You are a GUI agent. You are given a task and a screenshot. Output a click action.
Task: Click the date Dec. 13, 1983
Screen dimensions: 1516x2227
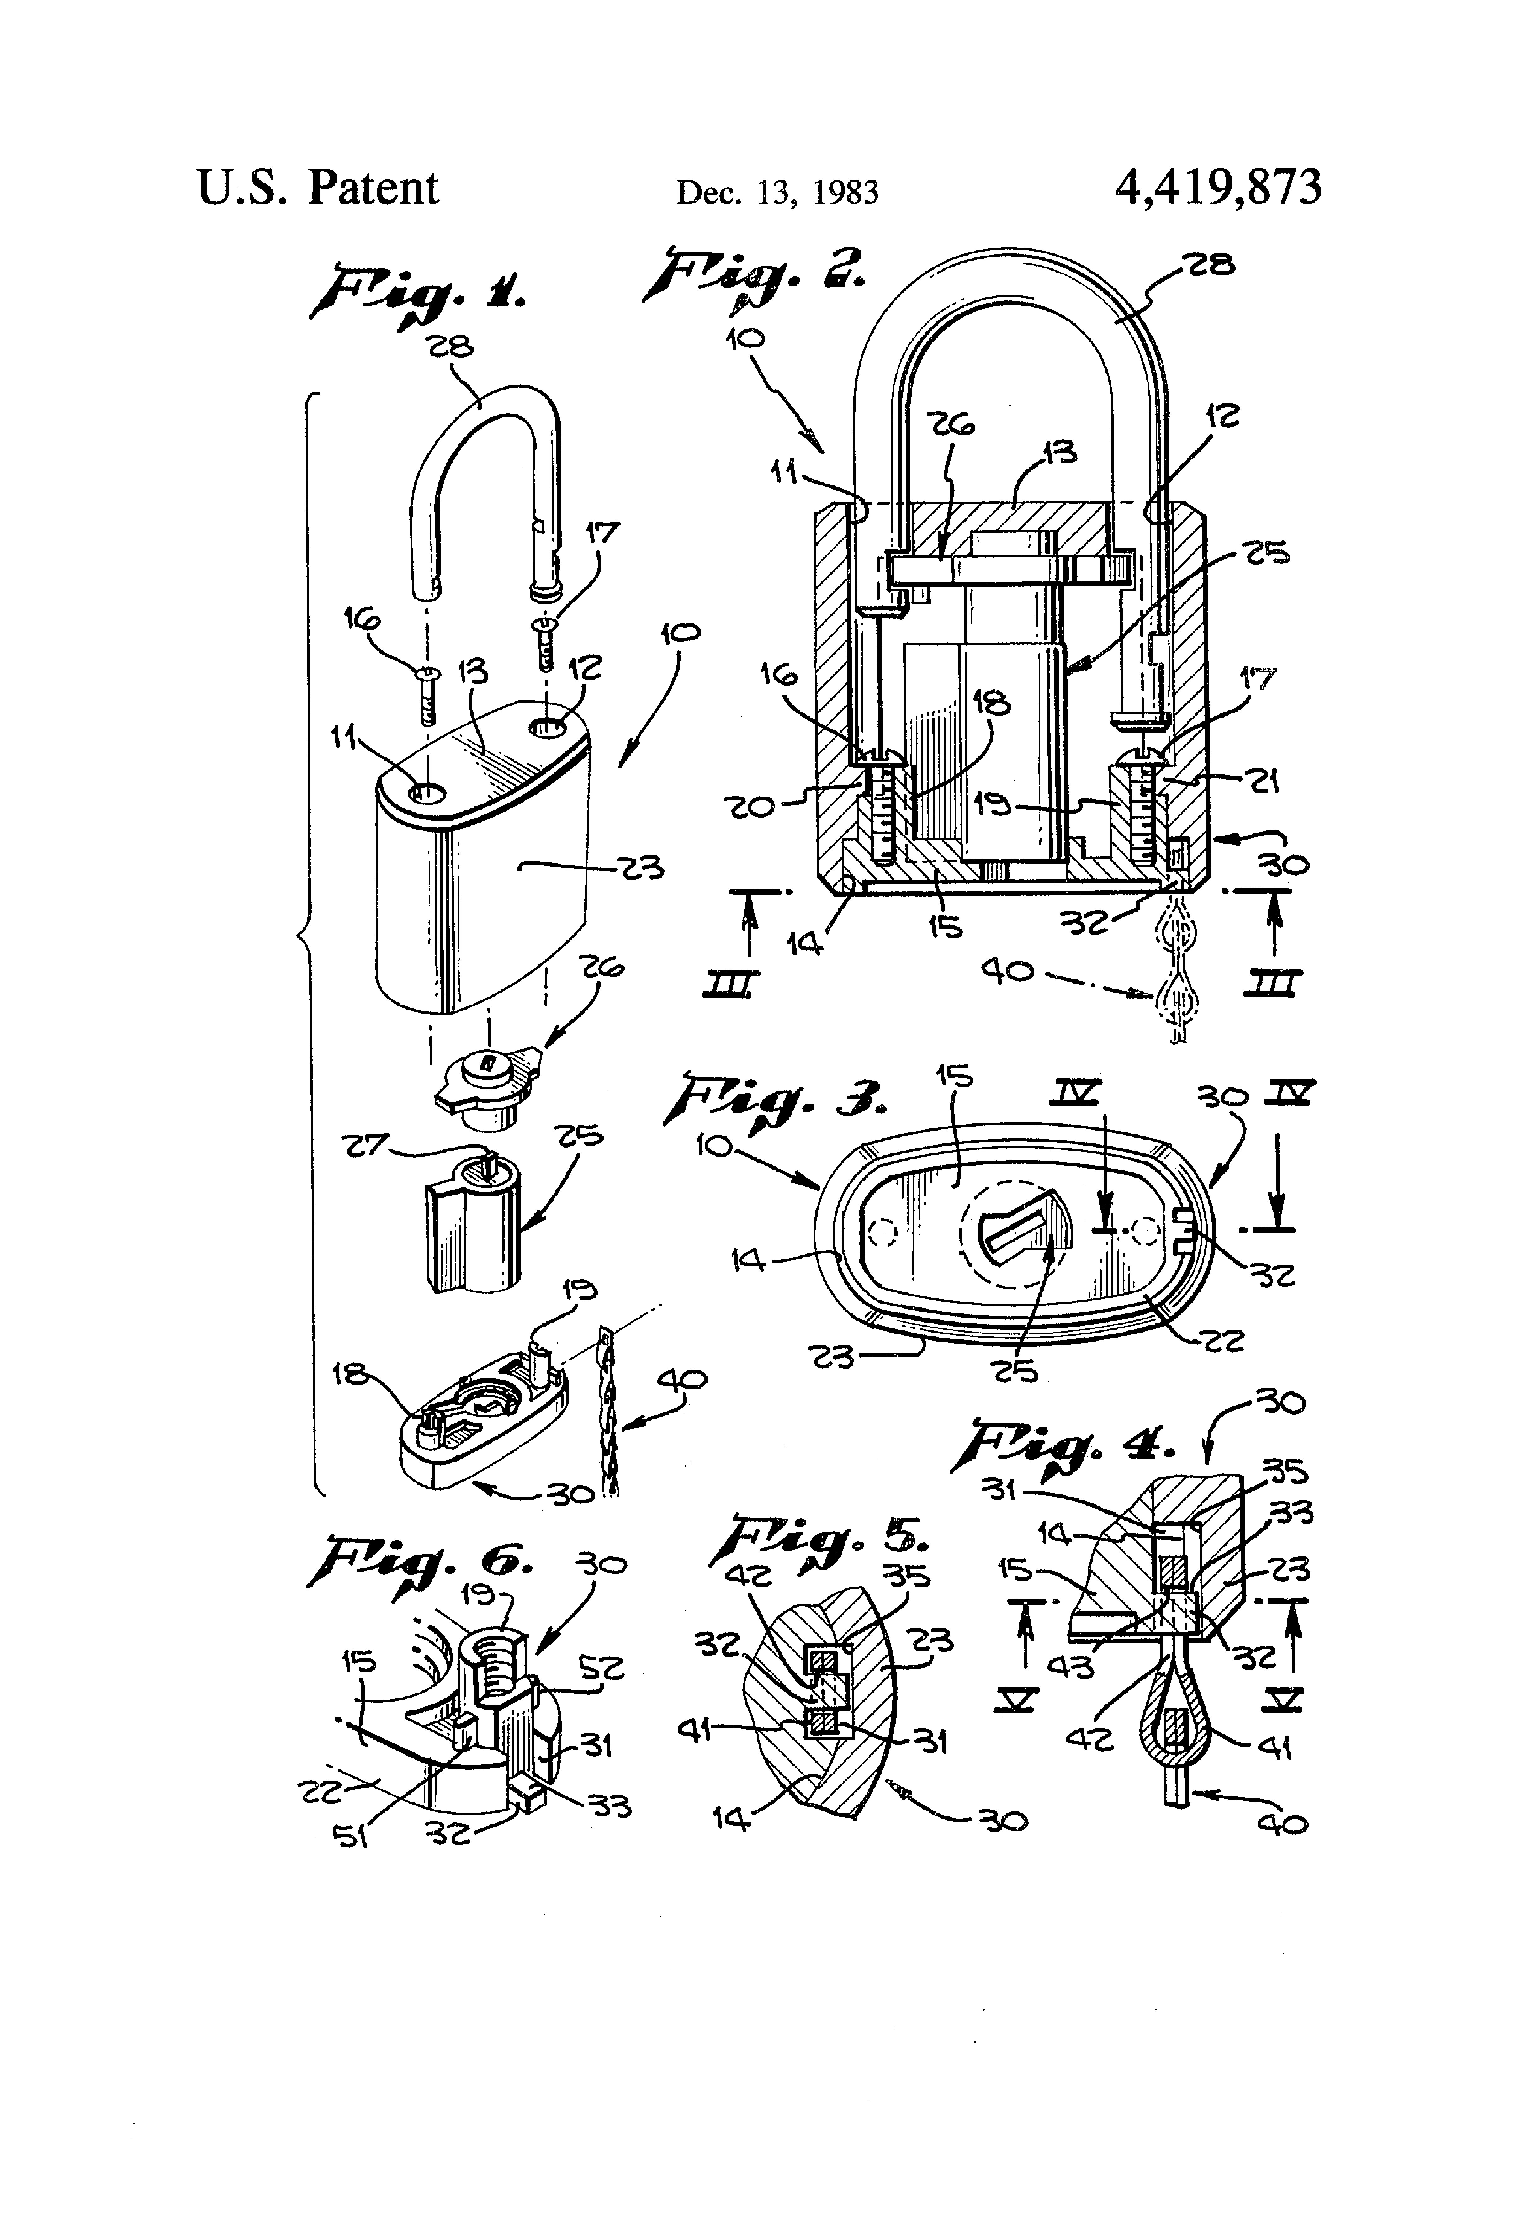[777, 193]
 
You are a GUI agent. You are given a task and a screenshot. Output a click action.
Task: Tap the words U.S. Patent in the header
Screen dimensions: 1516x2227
[317, 188]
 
